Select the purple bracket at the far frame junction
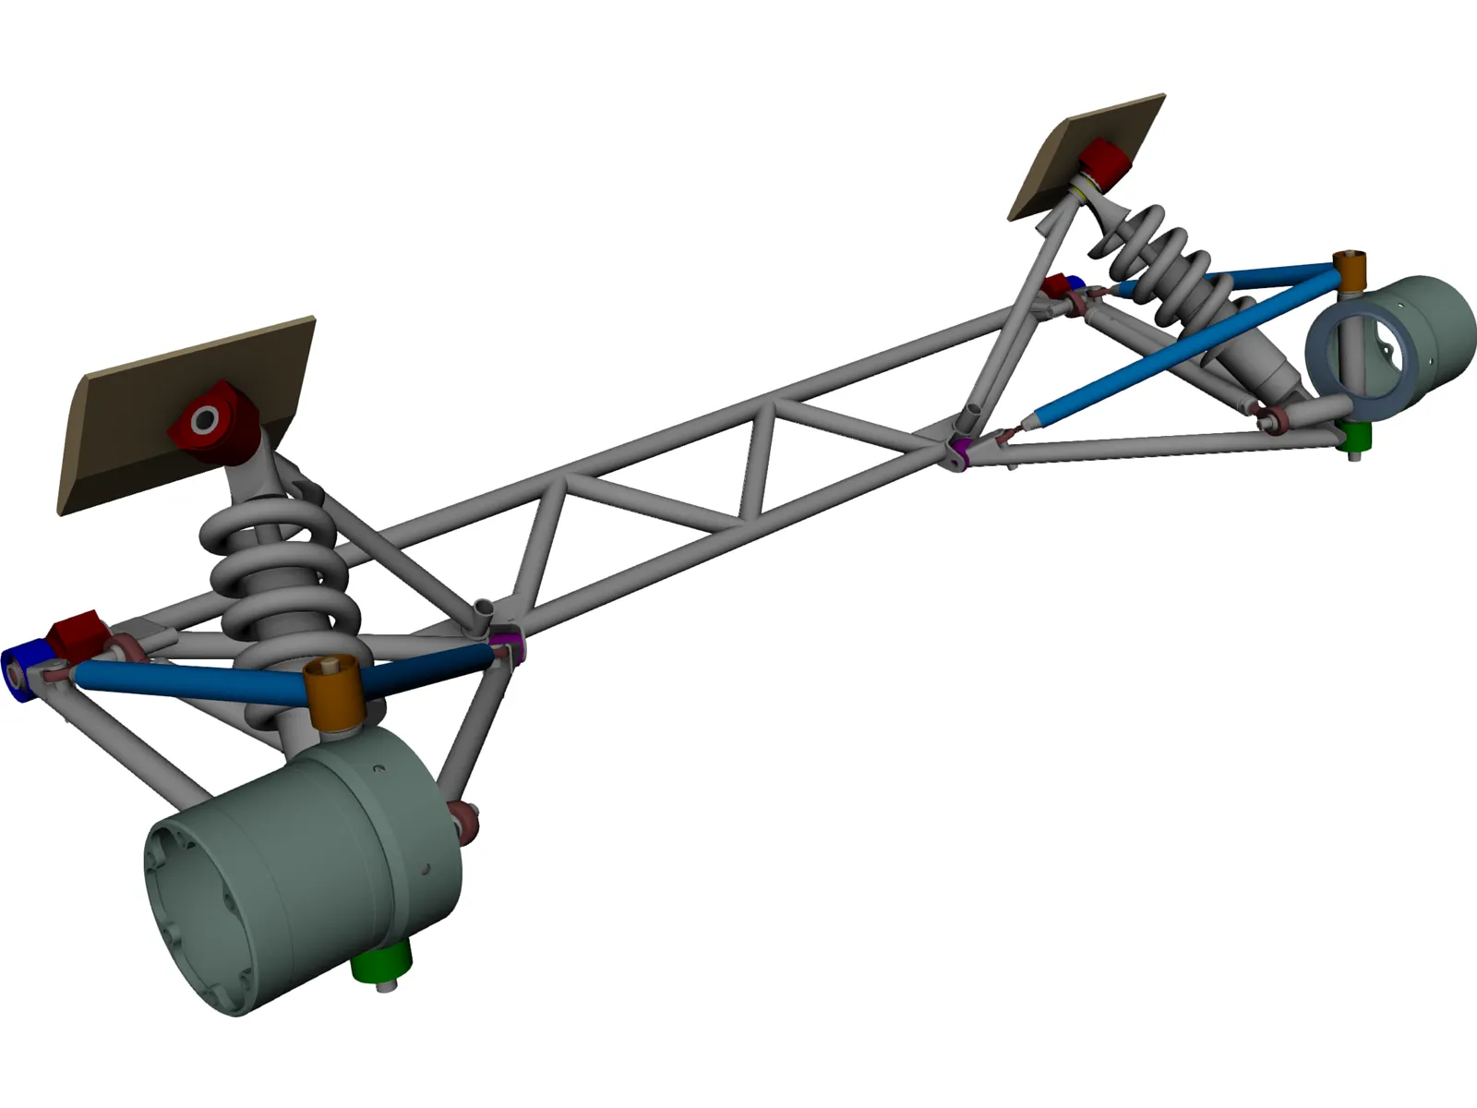[960, 452]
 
